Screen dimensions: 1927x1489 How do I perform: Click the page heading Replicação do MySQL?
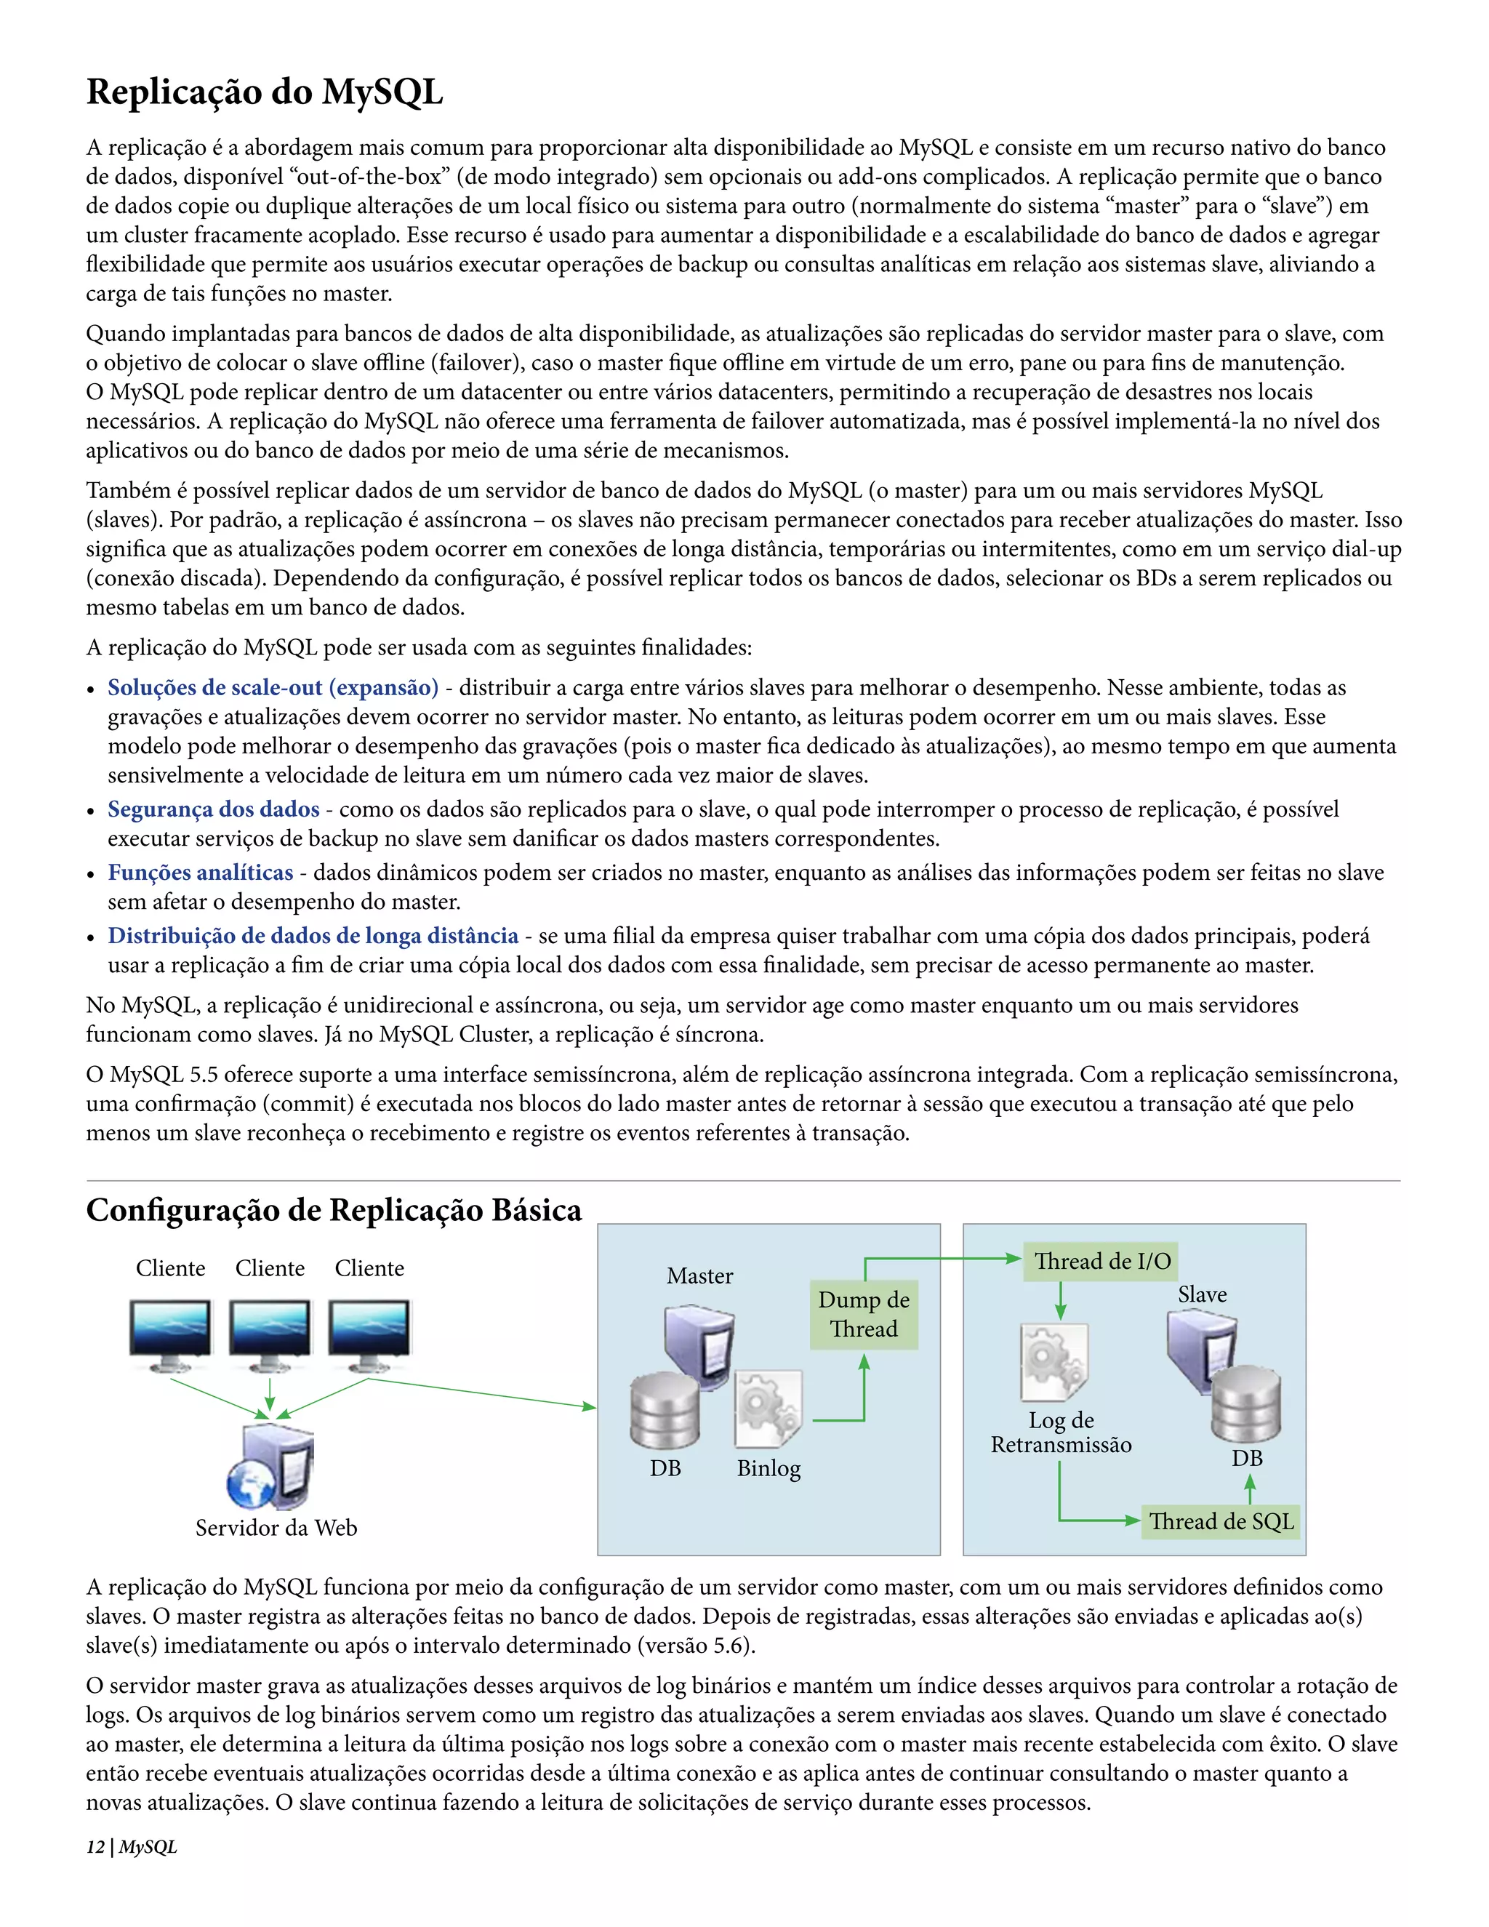pos(265,92)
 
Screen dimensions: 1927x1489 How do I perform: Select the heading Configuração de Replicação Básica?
pos(334,1210)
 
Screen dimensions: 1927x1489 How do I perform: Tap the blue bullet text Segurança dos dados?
pos(214,809)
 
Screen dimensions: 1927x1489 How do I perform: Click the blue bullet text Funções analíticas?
pos(200,873)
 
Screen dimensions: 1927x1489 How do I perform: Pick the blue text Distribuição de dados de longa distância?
pos(313,936)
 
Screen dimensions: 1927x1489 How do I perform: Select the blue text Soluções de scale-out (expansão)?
pos(273,687)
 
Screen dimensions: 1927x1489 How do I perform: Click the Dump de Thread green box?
pos(864,1315)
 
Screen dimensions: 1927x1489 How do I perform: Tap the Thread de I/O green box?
pos(1101,1261)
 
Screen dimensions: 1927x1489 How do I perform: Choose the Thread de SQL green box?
pos(1220,1521)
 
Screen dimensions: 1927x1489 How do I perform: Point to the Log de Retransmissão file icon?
pos(1054,1362)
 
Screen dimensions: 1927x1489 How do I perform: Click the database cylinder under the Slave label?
pos(1245,1406)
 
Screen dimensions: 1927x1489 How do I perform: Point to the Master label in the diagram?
pos(699,1276)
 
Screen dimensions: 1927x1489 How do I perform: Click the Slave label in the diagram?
pos(1201,1294)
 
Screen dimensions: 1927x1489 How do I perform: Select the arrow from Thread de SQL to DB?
pos(1249,1490)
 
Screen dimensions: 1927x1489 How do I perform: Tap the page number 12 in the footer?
pos(95,1847)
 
